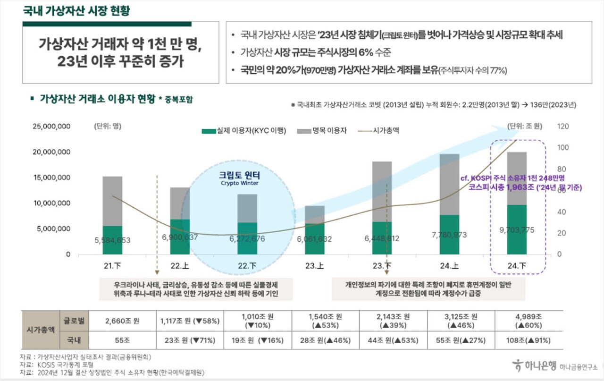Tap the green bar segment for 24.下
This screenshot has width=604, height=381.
pyautogui.click(x=517, y=229)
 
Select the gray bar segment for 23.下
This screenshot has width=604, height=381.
pyautogui.click(x=382, y=191)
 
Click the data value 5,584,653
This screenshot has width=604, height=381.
pyautogui.click(x=112, y=240)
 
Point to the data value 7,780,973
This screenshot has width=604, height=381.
pyautogui.click(x=449, y=234)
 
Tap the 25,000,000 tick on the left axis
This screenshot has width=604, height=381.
pyautogui.click(x=51, y=127)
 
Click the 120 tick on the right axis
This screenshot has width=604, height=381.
pyautogui.click(x=563, y=127)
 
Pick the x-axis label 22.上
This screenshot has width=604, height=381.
pyautogui.click(x=180, y=266)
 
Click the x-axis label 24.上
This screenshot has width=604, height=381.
pyautogui.click(x=449, y=266)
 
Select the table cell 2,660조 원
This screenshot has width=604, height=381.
pyautogui.click(x=123, y=321)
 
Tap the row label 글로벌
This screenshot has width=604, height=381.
pyautogui.click(x=73, y=321)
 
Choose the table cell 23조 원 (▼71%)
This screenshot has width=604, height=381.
pyautogui.click(x=191, y=340)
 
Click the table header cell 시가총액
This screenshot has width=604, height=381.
pyautogui.click(x=40, y=330)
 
